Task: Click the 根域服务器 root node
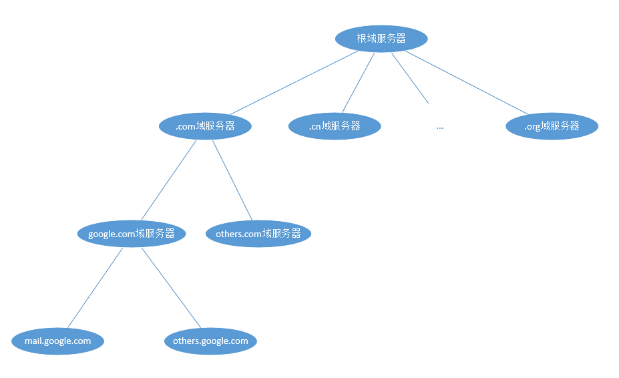381,39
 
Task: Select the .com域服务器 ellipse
205,126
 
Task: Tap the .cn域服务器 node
335,126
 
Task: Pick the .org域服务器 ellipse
552,126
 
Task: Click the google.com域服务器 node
132,234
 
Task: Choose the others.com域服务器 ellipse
258,234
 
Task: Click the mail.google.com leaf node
57,341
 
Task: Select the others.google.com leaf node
210,341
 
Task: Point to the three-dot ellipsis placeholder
440,128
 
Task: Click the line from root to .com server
294,83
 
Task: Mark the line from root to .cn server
358,83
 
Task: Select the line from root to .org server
467,83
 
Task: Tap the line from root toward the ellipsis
410,78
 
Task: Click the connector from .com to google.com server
168,180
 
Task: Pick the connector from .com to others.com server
232,180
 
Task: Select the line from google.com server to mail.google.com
95,288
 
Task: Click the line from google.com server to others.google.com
172,288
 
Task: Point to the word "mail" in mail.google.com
33,341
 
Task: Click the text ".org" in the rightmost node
532,127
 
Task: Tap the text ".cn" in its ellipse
315,127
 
